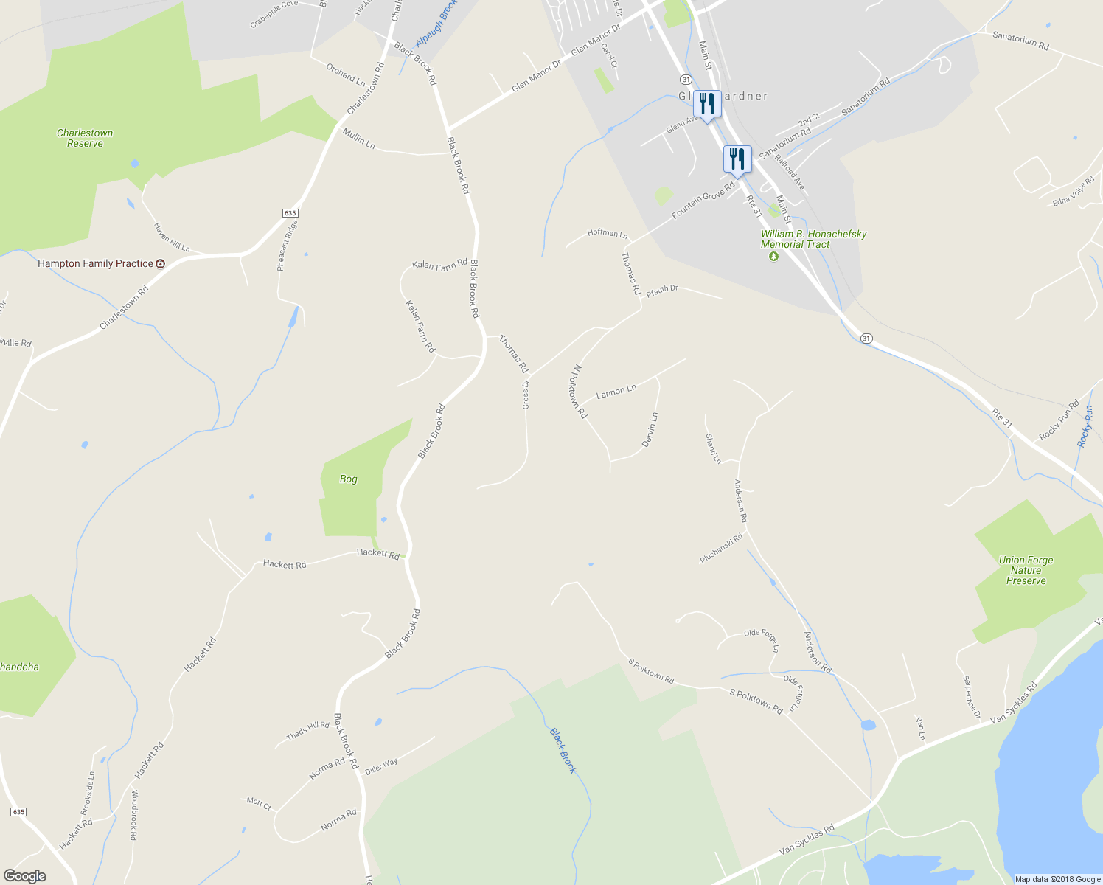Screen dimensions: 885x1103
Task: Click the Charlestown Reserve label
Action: point(85,138)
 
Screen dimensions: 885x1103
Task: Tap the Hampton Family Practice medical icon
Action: point(161,263)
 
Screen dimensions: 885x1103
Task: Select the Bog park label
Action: point(348,479)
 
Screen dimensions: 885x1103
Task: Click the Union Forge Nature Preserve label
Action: point(1026,570)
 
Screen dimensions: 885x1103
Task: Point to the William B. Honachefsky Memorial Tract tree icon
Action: point(773,257)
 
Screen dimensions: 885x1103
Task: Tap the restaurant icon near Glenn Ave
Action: point(707,104)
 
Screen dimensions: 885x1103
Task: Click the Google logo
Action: point(24,876)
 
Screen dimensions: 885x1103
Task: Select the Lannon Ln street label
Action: point(616,391)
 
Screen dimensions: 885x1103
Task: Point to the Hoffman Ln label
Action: point(608,233)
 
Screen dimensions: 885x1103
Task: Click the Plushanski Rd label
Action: point(721,549)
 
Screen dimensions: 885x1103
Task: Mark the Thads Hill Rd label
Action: point(307,730)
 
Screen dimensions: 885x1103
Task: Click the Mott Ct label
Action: point(259,803)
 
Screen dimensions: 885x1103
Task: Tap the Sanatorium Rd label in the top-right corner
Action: point(1020,41)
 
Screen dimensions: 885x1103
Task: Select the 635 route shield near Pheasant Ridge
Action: point(290,212)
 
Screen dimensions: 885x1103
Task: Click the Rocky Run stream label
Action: point(1085,426)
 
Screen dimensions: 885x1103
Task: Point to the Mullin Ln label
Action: point(359,138)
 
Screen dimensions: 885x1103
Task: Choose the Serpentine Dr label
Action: point(972,696)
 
